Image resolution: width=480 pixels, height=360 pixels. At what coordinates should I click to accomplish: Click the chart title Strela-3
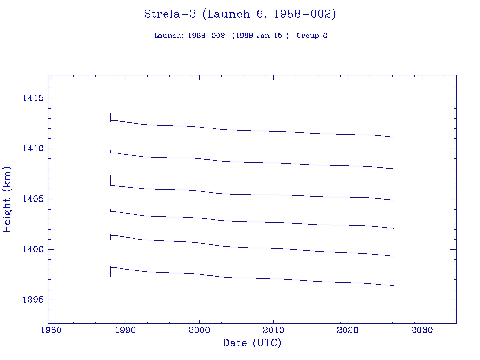point(240,14)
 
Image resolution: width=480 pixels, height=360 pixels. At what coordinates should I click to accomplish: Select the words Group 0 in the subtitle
point(312,36)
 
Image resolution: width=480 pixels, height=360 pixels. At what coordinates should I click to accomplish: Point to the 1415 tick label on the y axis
point(33,98)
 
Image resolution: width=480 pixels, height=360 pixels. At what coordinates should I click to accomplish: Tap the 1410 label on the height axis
point(33,149)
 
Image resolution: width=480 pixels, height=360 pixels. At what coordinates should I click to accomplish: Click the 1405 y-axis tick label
point(33,199)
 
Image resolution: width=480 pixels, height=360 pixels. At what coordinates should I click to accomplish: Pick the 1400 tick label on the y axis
point(33,249)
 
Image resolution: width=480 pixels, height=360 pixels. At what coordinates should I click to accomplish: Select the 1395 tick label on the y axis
point(33,300)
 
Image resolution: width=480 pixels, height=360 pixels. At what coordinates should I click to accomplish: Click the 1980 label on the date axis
point(50,330)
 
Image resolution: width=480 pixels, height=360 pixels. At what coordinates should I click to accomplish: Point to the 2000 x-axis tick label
point(199,330)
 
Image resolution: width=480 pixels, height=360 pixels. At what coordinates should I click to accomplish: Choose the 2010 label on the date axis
point(273,330)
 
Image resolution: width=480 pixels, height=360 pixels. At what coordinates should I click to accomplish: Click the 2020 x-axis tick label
point(348,330)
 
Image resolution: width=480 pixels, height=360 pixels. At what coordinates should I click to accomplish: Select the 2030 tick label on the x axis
point(422,330)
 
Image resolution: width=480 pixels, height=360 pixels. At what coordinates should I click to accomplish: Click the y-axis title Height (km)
point(7,199)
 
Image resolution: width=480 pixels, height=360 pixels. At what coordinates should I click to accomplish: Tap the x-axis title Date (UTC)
point(252,343)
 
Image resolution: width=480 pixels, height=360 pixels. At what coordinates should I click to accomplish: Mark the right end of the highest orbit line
point(394,137)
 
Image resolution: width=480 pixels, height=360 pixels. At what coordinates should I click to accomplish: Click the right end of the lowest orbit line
point(394,285)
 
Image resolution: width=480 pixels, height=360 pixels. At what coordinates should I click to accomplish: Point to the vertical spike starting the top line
point(110,117)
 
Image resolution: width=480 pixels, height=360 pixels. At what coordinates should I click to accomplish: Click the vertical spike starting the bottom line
point(110,272)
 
